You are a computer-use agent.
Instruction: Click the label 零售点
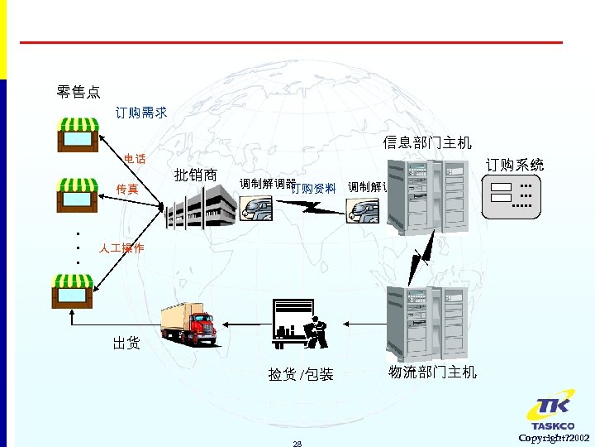coord(79,90)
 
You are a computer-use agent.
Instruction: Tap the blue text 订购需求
coord(141,113)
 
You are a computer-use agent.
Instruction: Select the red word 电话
coord(135,158)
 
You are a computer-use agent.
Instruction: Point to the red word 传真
coord(126,190)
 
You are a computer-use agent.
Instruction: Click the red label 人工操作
coord(121,248)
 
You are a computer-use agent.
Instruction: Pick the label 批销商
coord(196,175)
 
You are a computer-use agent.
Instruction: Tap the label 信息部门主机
coord(427,143)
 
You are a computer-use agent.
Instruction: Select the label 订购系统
coord(515,165)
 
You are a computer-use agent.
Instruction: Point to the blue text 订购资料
coord(314,188)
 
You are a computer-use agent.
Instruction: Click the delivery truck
coord(190,323)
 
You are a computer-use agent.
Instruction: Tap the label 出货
coord(126,343)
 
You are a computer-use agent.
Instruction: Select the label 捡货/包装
coord(301,374)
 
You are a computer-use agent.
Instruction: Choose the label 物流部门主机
coord(433,372)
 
